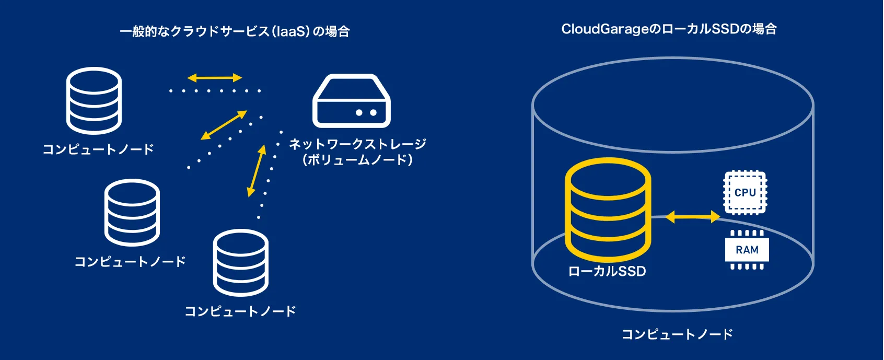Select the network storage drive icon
352,101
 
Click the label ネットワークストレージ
358,144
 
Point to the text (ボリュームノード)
358,160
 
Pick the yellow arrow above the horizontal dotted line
214,78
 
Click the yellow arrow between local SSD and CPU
693,216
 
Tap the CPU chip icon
745,193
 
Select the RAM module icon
747,250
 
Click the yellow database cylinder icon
608,209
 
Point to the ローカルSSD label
607,272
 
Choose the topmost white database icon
94,100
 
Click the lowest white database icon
241,263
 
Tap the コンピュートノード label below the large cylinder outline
677,334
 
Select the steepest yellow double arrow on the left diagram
256,171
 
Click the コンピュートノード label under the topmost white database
98,149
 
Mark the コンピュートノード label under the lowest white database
240,311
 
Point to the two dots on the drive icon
366,112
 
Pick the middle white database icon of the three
132,213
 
